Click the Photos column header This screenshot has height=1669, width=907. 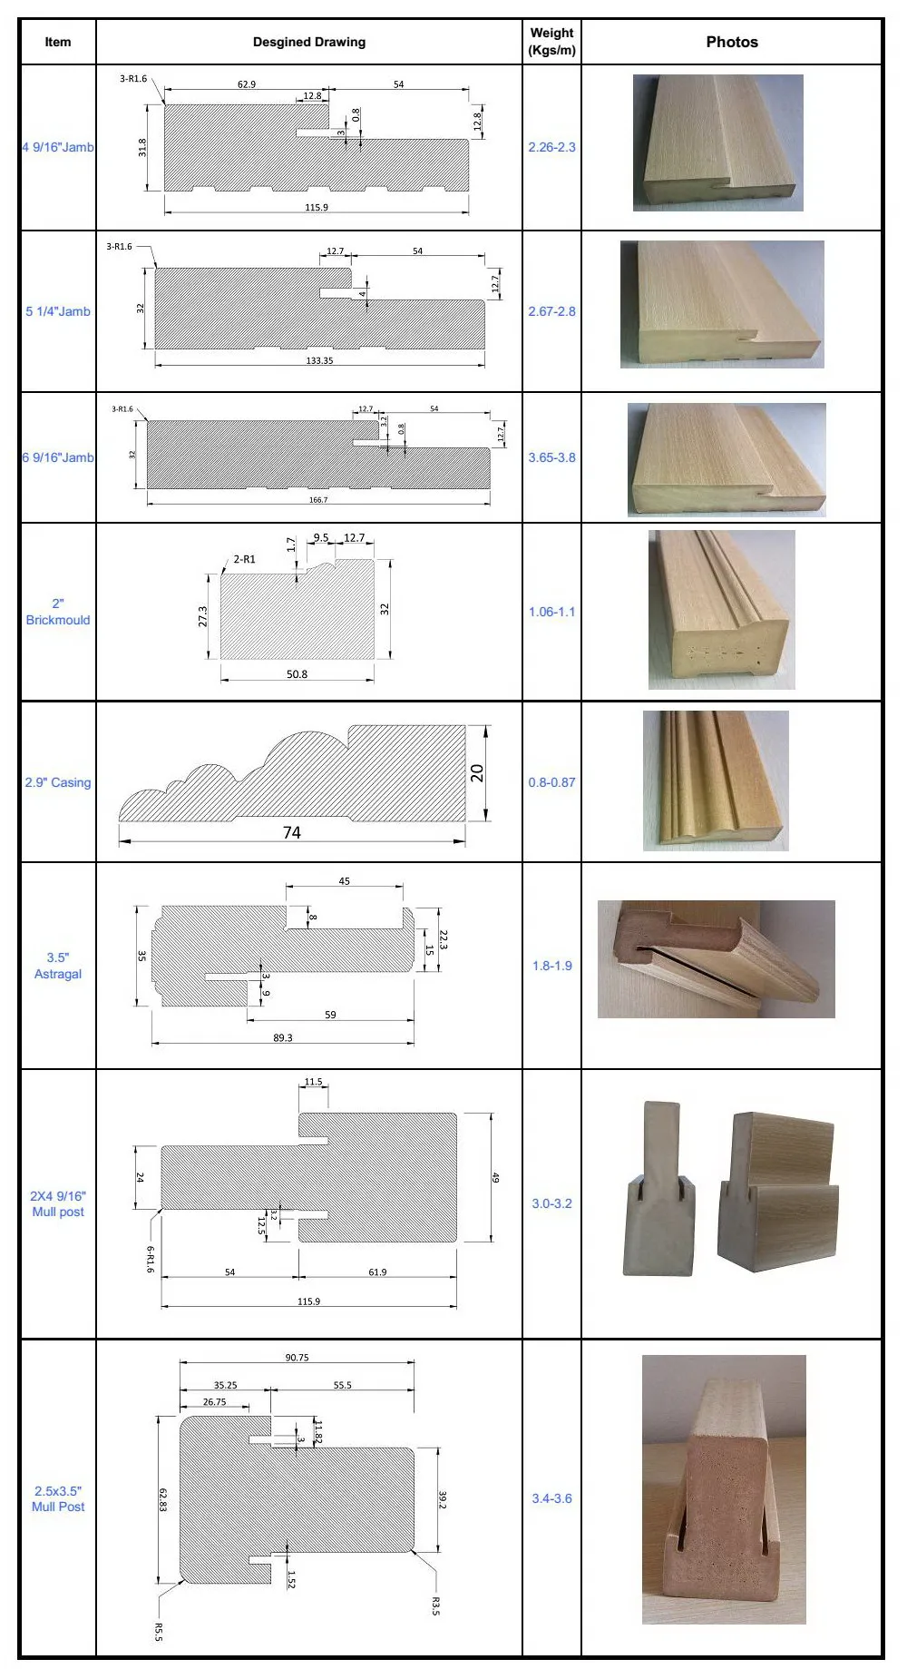click(731, 42)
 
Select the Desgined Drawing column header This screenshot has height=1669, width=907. click(308, 42)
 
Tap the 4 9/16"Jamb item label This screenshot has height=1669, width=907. click(58, 147)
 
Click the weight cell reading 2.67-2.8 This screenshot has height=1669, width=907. click(551, 311)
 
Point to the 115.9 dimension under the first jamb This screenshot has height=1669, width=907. click(317, 208)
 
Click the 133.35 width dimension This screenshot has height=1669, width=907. click(319, 360)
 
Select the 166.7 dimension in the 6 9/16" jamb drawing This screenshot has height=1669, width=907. click(318, 500)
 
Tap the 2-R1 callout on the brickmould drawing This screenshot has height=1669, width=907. click(244, 559)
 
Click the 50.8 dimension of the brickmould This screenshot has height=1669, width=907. click(297, 674)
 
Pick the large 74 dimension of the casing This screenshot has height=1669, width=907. click(291, 832)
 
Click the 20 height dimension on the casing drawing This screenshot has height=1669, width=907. click(477, 773)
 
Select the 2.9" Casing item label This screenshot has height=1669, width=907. click(58, 782)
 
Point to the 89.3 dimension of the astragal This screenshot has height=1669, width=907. click(283, 1037)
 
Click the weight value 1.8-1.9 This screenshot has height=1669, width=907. click(551, 966)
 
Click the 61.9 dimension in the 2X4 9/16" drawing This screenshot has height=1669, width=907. click(377, 1272)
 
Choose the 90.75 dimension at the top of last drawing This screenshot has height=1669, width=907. click(297, 1358)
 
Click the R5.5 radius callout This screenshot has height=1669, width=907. click(159, 1632)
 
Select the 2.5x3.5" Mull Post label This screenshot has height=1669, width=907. click(58, 1498)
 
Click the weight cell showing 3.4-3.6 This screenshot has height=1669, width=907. click(551, 1498)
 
